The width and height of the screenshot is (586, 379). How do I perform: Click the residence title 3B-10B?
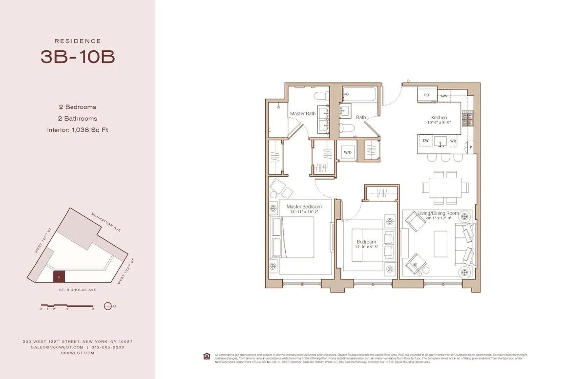tap(78, 57)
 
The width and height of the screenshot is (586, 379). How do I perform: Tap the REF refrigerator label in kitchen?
tap(426, 96)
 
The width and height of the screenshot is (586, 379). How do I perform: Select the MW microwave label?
tap(444, 96)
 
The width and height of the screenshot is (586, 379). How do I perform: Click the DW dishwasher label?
tap(426, 141)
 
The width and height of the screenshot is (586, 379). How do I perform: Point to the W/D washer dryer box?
tap(348, 152)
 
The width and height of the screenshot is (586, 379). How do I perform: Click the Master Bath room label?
tap(303, 113)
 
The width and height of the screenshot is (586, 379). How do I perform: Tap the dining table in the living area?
tap(442, 187)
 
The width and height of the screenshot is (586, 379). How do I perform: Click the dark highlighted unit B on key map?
tap(59, 277)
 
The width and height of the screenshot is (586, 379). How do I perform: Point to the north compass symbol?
tap(108, 306)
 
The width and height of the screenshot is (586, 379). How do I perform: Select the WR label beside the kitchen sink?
tap(453, 141)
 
